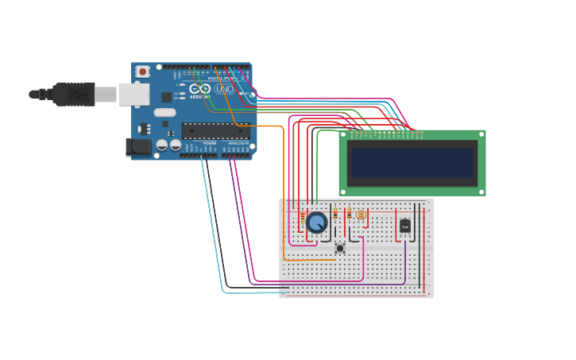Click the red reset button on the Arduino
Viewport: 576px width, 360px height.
(x=143, y=72)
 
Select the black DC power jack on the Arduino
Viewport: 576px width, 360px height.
(x=139, y=147)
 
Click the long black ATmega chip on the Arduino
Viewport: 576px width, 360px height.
(x=215, y=131)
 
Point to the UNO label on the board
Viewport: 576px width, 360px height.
(x=225, y=89)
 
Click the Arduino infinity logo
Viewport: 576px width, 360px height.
(x=199, y=89)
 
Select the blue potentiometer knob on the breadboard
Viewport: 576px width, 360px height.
(x=317, y=223)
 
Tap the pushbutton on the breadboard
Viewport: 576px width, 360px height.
(x=340, y=248)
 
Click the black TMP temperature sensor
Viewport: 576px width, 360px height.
(x=405, y=226)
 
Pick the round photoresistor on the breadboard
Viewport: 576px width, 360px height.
(x=361, y=215)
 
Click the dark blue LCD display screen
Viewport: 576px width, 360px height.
(x=412, y=163)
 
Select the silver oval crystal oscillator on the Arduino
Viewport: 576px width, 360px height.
(x=164, y=112)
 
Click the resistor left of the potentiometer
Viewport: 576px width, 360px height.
(x=303, y=216)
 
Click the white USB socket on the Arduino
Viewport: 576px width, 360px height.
(x=133, y=95)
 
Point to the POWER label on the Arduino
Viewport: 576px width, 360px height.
(x=209, y=143)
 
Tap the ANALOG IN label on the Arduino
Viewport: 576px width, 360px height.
(x=238, y=143)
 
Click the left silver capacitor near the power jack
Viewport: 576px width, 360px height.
(x=162, y=145)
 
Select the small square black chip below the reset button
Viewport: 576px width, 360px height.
(x=166, y=97)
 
